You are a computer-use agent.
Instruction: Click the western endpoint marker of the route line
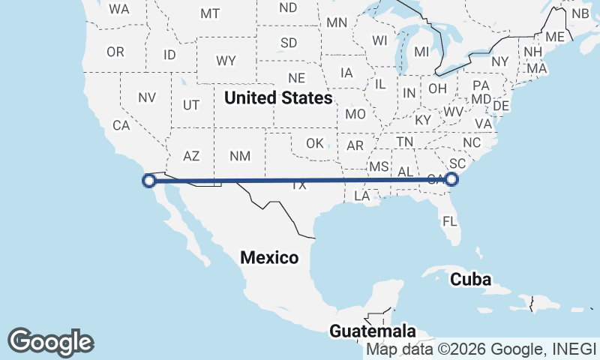[x=149, y=180]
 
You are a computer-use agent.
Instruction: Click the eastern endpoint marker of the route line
[x=451, y=178]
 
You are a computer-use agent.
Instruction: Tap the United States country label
[x=278, y=97]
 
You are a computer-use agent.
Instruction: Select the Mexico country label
[x=269, y=258]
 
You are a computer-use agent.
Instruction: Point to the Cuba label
[x=470, y=280]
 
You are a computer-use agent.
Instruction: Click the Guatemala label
[x=373, y=331]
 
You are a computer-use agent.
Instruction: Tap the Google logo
[x=50, y=342]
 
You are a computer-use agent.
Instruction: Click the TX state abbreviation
[x=299, y=185]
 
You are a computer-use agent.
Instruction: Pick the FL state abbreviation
[x=450, y=221]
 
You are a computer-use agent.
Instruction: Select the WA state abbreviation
[x=119, y=10]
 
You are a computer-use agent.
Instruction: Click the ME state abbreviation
[x=555, y=37]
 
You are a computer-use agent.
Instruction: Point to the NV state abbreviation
[x=147, y=97]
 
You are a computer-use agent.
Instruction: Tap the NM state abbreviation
[x=240, y=156]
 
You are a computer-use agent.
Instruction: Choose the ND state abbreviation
[x=288, y=7]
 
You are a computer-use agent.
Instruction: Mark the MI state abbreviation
[x=421, y=52]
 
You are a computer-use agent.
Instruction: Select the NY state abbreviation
[x=500, y=61]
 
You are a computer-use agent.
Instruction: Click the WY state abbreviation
[x=226, y=60]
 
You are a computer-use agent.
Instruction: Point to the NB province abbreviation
[x=580, y=13]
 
